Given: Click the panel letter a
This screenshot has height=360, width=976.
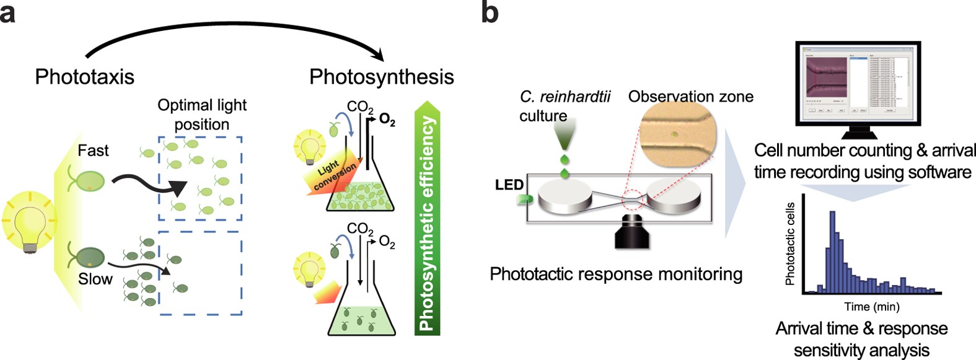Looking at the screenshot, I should tap(8, 12).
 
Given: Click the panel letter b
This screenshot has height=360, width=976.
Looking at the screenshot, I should tap(490, 12).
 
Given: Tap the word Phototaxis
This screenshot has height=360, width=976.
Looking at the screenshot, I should tap(84, 77).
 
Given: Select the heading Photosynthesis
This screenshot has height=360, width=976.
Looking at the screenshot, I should tap(382, 77).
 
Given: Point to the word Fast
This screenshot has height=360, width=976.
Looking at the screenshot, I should tap(93, 151).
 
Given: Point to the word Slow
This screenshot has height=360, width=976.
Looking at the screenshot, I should tap(95, 279).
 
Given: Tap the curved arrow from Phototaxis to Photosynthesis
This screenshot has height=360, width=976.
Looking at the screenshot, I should tap(235, 37).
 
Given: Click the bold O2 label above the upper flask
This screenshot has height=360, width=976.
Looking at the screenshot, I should tap(387, 120).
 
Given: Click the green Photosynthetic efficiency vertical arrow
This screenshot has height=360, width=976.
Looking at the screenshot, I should tap(427, 217).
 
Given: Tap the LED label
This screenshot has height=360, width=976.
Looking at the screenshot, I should tap(509, 185).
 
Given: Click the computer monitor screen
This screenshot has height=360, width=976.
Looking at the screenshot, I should tap(858, 83).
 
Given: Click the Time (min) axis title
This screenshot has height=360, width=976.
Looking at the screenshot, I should tap(871, 307).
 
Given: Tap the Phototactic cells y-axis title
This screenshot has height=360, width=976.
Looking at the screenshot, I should tap(790, 244).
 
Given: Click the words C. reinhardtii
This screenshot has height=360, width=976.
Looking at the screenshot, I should tap(565, 97).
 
